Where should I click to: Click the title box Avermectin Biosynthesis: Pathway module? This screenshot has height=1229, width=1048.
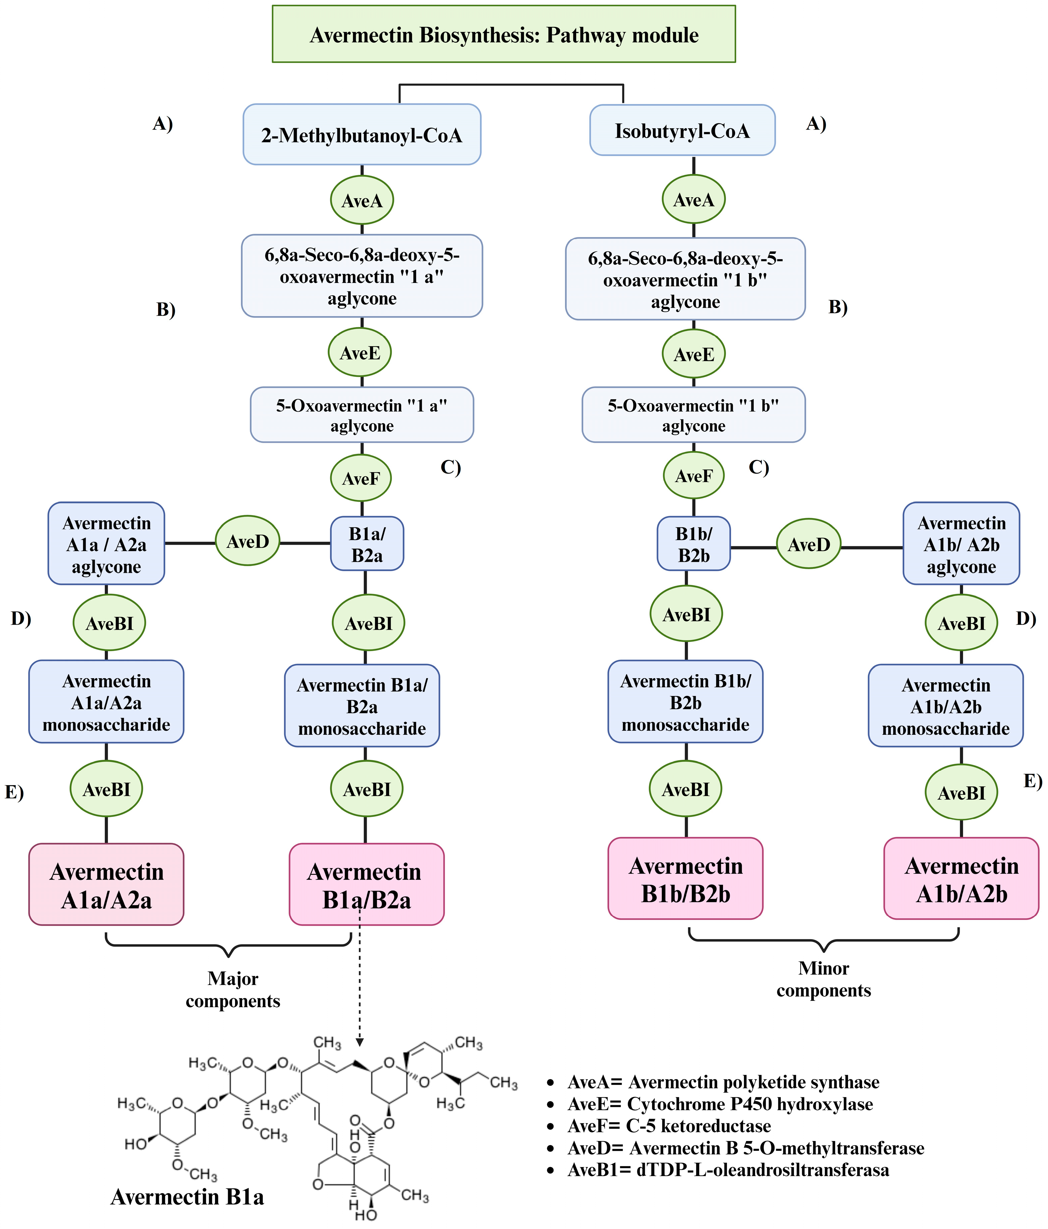[504, 34]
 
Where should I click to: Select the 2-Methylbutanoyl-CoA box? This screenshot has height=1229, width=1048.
[362, 135]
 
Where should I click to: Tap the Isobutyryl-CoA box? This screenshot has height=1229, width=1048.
[682, 130]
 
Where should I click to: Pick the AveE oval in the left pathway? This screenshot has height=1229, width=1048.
[360, 353]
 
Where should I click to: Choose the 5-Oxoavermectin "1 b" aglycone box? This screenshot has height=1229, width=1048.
[693, 415]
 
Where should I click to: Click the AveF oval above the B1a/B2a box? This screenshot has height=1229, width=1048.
[360, 478]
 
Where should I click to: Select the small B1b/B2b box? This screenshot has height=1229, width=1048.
[693, 544]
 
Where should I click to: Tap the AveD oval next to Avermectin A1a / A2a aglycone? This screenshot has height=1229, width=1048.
[247, 541]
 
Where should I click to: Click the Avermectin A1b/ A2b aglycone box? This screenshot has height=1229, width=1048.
[961, 544]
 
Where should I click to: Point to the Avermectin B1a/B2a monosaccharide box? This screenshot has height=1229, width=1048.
[362, 706]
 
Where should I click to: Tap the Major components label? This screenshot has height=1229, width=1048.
[232, 989]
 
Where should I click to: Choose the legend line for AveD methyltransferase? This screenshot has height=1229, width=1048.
[745, 1148]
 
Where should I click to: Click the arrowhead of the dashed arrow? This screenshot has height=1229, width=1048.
[359, 1042]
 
